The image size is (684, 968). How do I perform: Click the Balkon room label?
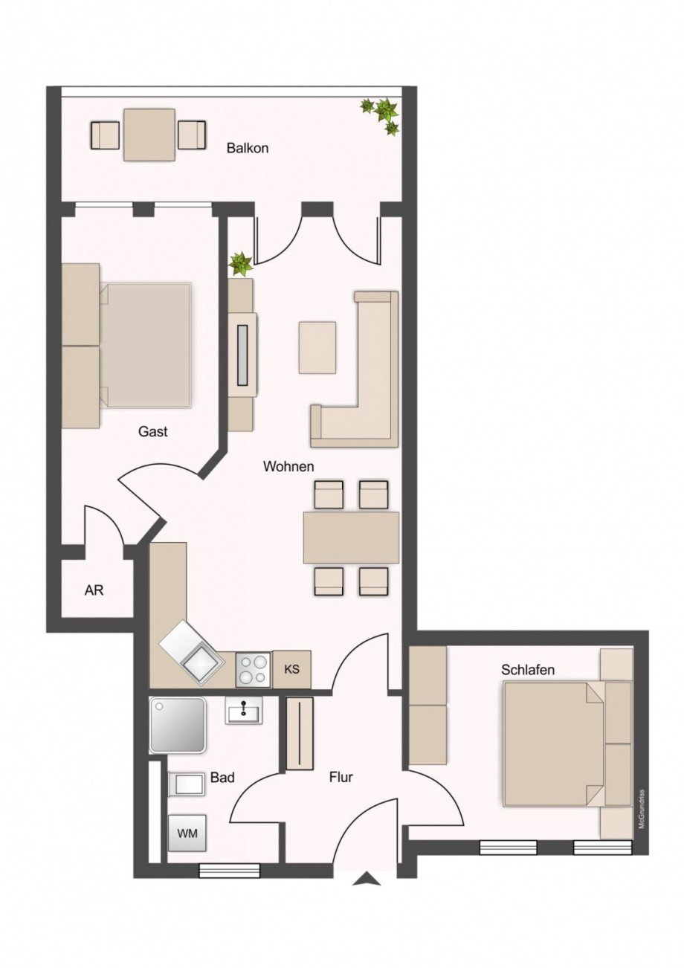click(248, 148)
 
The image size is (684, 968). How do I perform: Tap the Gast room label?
click(152, 431)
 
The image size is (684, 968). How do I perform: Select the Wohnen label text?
click(288, 467)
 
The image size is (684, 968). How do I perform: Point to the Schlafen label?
click(528, 670)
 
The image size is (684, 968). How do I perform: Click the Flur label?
click(341, 778)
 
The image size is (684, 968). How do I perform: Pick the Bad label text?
click(222, 778)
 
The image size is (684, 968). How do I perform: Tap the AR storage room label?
click(94, 591)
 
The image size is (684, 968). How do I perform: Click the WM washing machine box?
click(187, 833)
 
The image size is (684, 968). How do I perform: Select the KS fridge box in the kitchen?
click(291, 669)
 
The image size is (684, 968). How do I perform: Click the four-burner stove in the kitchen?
click(254, 669)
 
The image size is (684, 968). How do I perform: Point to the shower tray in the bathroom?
click(177, 724)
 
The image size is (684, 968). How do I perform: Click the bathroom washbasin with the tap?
click(244, 712)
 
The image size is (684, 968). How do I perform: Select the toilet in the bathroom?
click(186, 784)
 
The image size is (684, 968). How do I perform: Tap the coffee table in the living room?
click(317, 347)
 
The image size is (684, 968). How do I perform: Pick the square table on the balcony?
click(149, 135)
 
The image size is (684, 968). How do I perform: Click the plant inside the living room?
click(240, 262)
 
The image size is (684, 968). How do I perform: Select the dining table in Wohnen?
click(351, 537)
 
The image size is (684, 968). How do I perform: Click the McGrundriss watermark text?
click(641, 810)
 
